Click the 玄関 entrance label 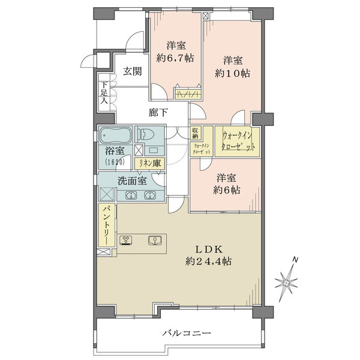(133, 71)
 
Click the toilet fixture (148, 134)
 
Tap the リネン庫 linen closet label (148, 163)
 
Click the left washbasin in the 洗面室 (131, 194)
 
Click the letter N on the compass (295, 260)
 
